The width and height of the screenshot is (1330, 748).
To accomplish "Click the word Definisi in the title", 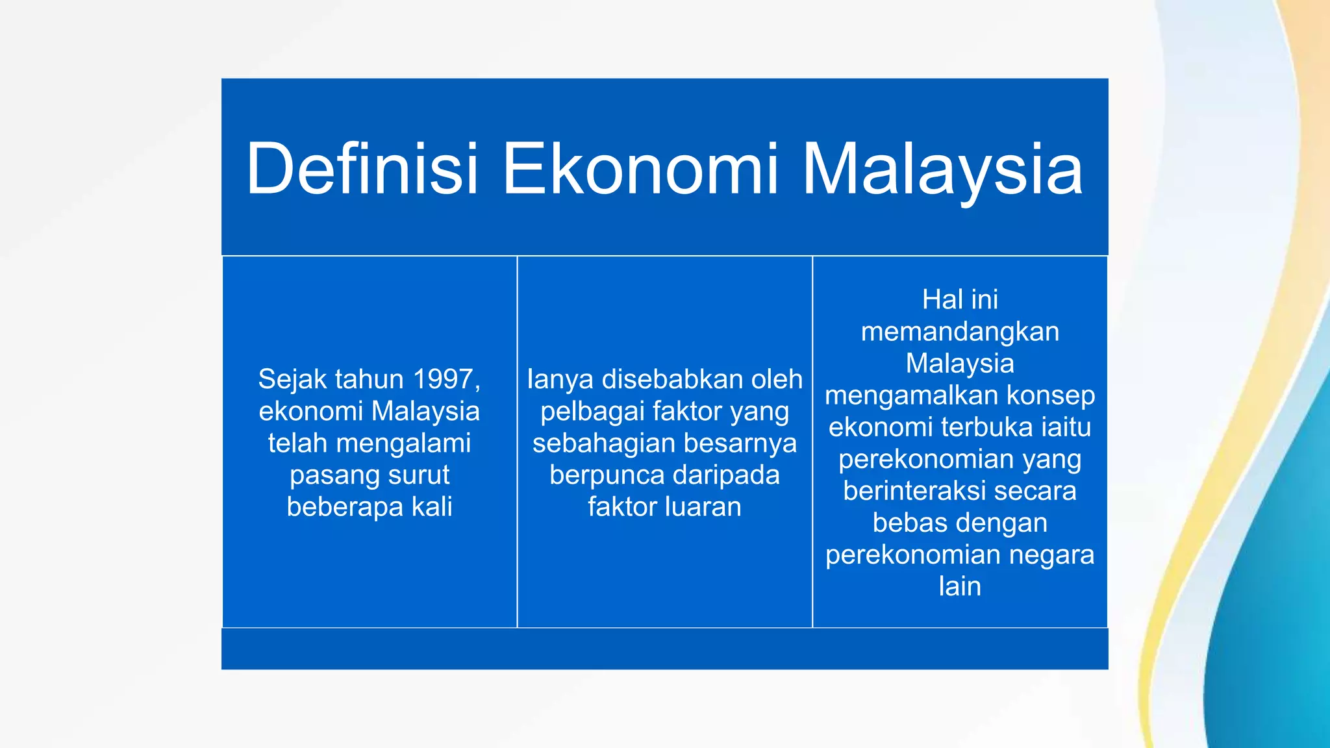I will tap(362, 169).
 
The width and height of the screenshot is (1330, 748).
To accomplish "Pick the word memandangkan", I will tap(960, 331).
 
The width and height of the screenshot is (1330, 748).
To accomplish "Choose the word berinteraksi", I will tap(914, 490).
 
